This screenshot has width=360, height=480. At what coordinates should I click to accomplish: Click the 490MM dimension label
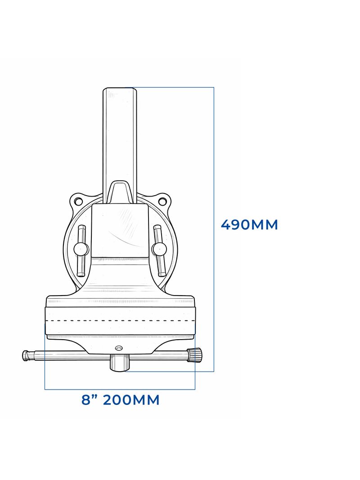(249, 224)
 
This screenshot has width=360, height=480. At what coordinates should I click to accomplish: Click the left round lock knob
(81, 249)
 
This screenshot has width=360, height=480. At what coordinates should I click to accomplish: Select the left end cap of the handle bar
(26, 355)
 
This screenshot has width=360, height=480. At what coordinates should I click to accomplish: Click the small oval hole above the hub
(118, 348)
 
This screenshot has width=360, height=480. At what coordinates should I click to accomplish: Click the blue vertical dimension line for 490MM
(214, 292)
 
